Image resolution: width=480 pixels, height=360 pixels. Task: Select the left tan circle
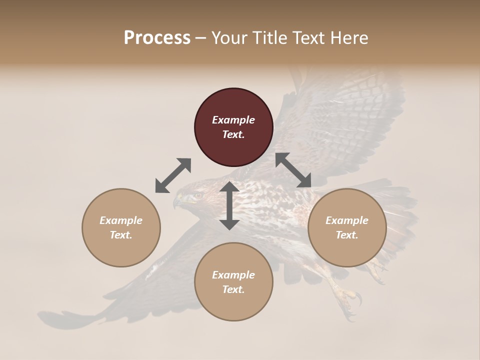(x=121, y=227)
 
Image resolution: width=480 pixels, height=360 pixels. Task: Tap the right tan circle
(x=347, y=227)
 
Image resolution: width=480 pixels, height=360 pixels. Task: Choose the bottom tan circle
(x=233, y=282)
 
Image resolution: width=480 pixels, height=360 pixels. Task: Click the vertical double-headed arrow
(x=229, y=205)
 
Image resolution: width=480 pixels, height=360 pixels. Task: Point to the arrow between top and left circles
(x=173, y=175)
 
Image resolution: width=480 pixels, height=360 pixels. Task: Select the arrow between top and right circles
(x=293, y=170)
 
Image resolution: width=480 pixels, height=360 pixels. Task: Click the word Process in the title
(x=157, y=38)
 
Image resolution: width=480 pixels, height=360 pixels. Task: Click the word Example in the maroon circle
(x=233, y=120)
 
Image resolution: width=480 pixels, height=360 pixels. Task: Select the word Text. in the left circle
(x=121, y=235)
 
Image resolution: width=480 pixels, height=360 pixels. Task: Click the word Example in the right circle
(x=347, y=220)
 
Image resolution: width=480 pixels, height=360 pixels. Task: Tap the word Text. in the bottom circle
(x=233, y=289)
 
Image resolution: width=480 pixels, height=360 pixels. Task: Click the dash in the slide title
(x=201, y=38)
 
